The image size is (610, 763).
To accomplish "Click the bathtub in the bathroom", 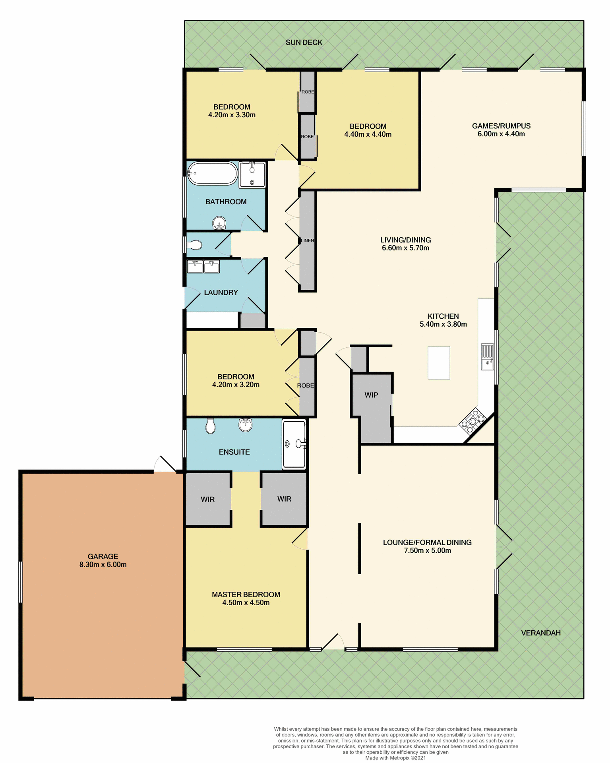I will tap(213, 173).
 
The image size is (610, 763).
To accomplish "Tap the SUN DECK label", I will tap(304, 43).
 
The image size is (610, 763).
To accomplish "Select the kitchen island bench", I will tap(439, 362).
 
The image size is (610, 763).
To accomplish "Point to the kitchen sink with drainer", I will tap(487, 357).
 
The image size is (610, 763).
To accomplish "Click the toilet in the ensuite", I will tap(210, 426).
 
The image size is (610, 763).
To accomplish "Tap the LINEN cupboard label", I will tap(307, 240).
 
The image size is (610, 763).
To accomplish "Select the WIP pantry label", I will tap(371, 395).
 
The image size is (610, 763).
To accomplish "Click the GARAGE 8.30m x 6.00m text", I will tap(103, 560).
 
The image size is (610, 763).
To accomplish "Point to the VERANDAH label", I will tap(540, 633).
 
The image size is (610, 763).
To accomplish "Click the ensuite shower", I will tap(294, 444).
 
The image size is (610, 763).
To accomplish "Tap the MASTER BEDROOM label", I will tap(246, 595).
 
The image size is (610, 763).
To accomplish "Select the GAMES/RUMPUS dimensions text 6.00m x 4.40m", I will tap(501, 134).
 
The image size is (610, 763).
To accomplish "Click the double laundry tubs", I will tap(203, 267).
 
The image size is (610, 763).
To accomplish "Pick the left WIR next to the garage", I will tap(207, 499).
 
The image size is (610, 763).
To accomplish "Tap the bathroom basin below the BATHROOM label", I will tap(219, 223).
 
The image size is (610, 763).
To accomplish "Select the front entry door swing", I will tap(333, 641).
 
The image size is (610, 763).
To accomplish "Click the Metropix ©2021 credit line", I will tap(395, 758).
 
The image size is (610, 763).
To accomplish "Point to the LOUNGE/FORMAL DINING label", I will tap(427, 542).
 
